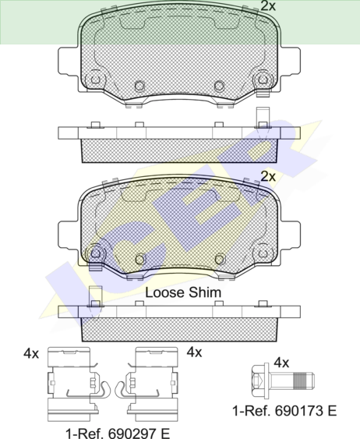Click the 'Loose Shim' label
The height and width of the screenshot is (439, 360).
point(183,292)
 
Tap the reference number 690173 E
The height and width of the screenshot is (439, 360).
point(305,411)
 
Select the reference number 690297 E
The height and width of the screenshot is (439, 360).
point(139,433)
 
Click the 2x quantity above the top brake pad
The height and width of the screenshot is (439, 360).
point(268,6)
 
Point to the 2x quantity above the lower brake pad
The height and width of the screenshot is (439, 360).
point(268,176)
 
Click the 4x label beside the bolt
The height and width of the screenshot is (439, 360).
point(281,363)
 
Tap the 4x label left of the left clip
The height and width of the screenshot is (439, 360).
point(31,354)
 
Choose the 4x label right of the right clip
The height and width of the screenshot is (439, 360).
point(194,352)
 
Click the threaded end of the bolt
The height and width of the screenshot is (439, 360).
point(303,381)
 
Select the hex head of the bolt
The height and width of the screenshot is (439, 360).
point(258,381)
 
